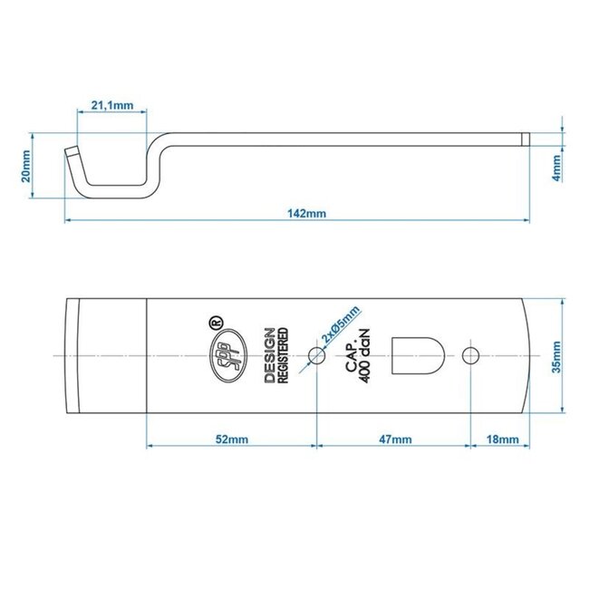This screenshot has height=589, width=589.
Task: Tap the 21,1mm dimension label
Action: (112, 106)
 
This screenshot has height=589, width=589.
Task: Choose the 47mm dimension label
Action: (393, 439)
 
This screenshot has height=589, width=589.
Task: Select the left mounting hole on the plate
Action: (316, 356)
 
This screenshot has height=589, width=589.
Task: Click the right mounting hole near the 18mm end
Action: (471, 356)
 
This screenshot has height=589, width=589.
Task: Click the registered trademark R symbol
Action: (215, 321)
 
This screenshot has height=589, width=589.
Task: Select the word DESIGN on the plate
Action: (269, 357)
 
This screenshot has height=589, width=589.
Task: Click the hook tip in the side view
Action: (71, 151)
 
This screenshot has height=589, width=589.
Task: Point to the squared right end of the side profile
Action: (525, 138)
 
